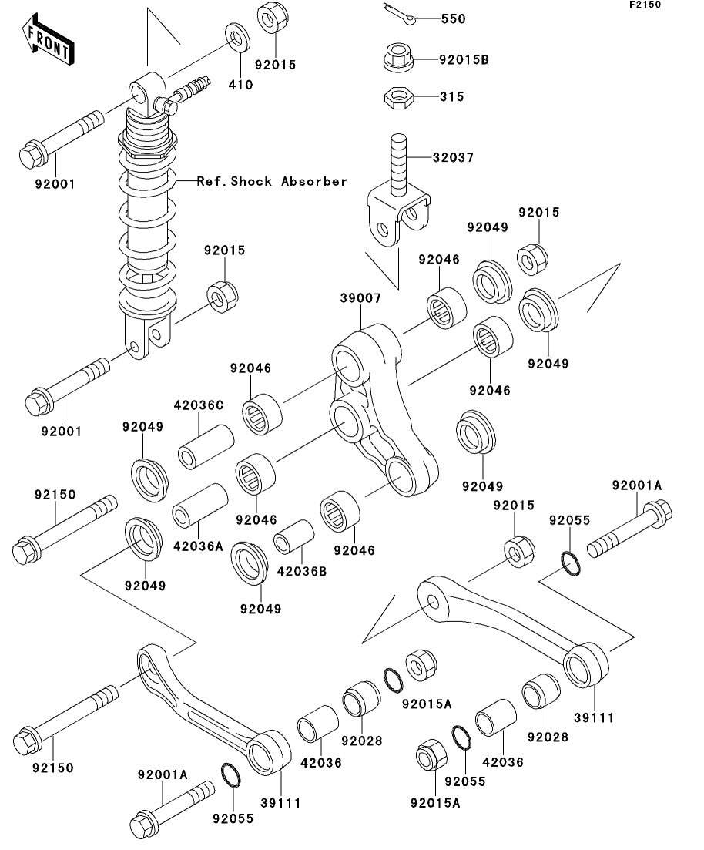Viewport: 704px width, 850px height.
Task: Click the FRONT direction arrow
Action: tap(48, 39)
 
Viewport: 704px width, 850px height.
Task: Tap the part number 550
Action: tap(453, 19)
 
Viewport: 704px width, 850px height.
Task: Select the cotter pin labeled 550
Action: tap(400, 14)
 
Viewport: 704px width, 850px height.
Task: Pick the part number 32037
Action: tap(453, 158)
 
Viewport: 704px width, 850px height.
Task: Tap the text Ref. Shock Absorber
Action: tap(272, 181)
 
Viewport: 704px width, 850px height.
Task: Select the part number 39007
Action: tap(360, 298)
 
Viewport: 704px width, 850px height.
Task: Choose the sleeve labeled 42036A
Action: tap(200, 506)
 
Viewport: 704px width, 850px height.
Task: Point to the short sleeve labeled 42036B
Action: tap(294, 537)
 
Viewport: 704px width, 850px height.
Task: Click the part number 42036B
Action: tap(302, 571)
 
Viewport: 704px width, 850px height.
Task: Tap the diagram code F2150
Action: tap(645, 5)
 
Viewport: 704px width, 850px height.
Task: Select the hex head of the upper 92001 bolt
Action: tap(32, 154)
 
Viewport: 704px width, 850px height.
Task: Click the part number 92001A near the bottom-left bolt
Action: tap(163, 775)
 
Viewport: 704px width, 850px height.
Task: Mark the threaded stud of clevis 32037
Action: tap(398, 163)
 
